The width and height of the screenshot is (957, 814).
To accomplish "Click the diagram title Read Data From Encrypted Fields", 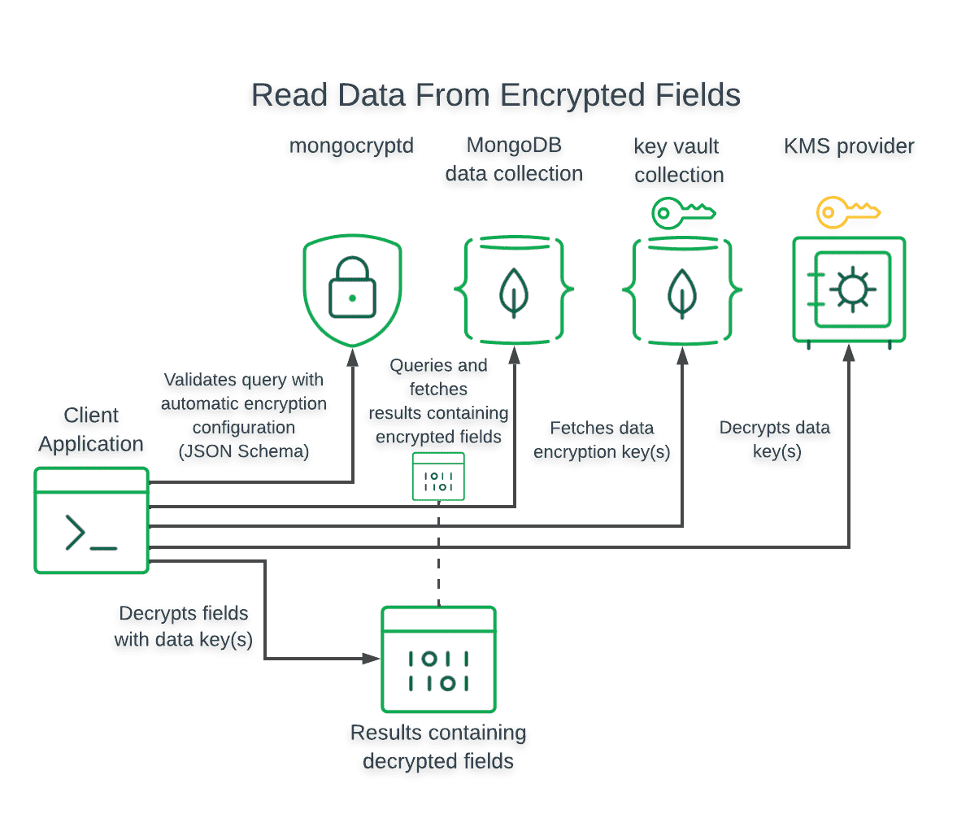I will [x=495, y=95].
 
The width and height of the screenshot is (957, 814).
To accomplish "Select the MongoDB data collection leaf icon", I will [x=513, y=289].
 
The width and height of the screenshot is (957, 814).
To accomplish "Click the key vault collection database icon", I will [x=681, y=289].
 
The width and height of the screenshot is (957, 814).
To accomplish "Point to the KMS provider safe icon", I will [x=849, y=289].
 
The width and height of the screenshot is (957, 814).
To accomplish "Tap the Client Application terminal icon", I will [x=91, y=520].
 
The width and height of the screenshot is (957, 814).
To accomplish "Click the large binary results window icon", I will [x=438, y=659].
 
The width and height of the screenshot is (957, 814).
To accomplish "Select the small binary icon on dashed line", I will [x=438, y=477].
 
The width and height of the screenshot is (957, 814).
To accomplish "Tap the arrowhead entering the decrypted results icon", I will [x=372, y=659].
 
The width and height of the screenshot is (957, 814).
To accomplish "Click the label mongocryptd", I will [x=351, y=146].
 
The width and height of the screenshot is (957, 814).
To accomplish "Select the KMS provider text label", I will [x=849, y=146].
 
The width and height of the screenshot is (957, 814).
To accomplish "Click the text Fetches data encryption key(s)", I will [x=602, y=440].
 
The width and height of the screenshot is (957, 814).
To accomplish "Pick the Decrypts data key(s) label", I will [x=775, y=439].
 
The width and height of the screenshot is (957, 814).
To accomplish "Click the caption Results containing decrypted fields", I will [x=438, y=747].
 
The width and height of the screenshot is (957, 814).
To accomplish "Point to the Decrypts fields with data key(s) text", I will [x=184, y=626].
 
